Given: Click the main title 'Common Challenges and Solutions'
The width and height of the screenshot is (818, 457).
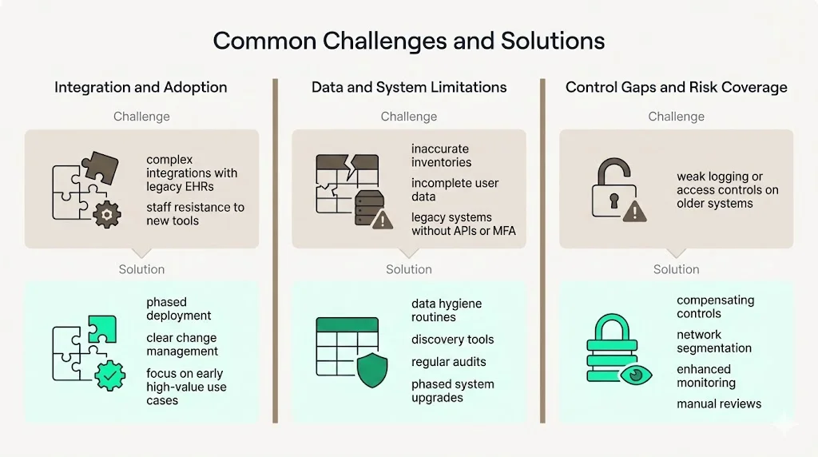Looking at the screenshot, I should tap(408, 41).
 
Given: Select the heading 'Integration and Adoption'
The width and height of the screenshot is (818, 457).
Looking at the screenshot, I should tap(141, 87).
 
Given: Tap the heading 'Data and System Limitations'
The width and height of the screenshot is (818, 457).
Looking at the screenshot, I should tap(409, 87).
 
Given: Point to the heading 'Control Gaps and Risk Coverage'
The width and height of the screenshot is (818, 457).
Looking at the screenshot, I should tap(676, 87).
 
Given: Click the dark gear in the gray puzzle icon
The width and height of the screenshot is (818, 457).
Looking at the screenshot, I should tap(107, 213).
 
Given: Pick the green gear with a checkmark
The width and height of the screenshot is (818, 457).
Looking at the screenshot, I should tap(109, 375).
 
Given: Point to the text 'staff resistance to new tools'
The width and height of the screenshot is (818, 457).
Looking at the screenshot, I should tap(195, 214).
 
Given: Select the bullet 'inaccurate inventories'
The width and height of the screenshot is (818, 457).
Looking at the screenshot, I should tap(441, 156).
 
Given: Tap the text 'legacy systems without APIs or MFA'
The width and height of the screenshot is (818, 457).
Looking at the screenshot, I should tap(463, 225).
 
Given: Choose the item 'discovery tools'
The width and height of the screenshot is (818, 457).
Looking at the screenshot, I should tap(452, 340).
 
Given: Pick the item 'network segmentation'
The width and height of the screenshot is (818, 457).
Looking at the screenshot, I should tap(713, 342).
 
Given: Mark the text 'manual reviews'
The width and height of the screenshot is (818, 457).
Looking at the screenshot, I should tap(718, 404).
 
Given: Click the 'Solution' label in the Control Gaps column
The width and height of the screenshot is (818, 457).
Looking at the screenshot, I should tap(676, 269).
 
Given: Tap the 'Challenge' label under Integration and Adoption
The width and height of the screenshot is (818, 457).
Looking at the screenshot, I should tap(141, 117).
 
